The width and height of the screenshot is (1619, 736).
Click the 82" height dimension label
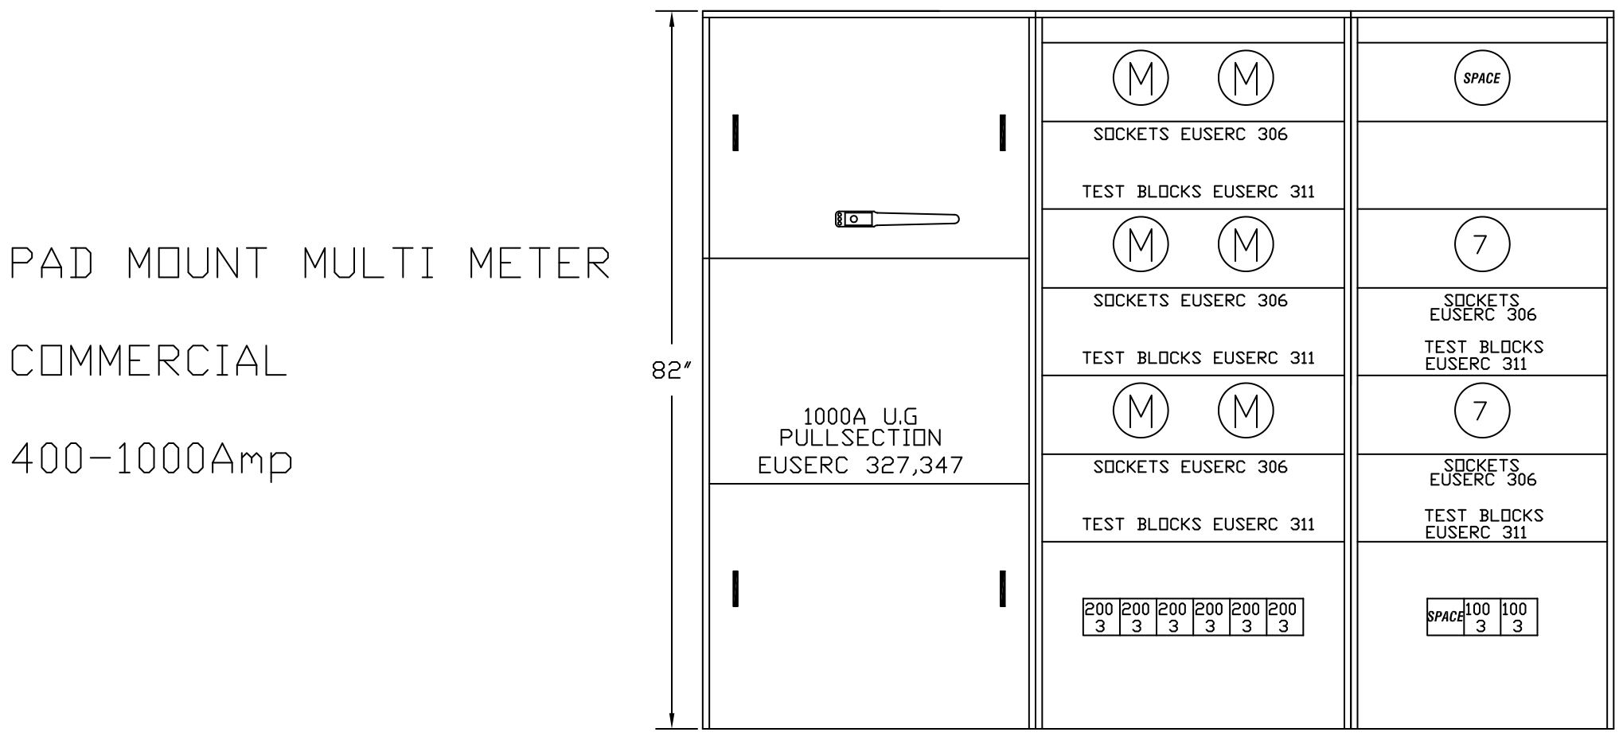click(671, 372)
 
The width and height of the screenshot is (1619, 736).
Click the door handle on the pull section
click(897, 219)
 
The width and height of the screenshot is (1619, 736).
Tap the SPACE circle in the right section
click(1481, 78)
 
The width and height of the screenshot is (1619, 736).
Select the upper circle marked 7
click(1481, 245)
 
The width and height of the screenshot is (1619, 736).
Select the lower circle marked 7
click(1481, 411)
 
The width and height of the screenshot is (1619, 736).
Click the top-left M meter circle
click(1141, 78)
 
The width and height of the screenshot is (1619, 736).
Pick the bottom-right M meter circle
click(1246, 411)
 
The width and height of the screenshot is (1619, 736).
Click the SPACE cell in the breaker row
click(1445, 617)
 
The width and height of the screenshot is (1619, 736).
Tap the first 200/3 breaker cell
click(1100, 617)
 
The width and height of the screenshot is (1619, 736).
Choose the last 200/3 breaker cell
click(1284, 617)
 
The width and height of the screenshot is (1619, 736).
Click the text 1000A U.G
click(860, 416)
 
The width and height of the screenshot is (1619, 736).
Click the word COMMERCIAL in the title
click(149, 361)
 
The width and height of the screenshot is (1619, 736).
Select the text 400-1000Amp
click(151, 460)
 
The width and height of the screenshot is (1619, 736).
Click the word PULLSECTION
click(860, 438)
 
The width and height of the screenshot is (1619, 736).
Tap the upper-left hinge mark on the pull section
click(735, 133)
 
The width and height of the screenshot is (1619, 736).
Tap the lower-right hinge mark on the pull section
click(1003, 589)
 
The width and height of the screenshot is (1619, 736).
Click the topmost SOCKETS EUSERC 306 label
click(1190, 134)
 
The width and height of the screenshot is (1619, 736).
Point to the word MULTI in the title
click(370, 263)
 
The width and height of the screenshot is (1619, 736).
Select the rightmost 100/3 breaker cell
click(1518, 617)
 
